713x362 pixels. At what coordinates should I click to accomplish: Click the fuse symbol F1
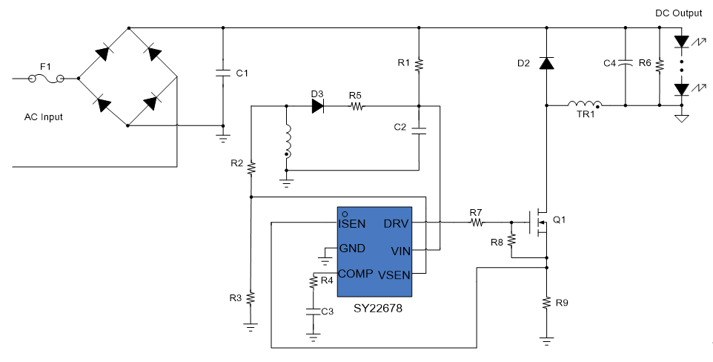pyautogui.click(x=45, y=79)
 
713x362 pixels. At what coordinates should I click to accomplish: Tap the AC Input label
pyautogui.click(x=44, y=117)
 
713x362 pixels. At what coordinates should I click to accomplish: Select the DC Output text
pyautogui.click(x=678, y=13)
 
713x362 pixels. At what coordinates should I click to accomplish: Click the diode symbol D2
pyautogui.click(x=546, y=63)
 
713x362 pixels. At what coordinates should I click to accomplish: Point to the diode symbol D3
pyautogui.click(x=318, y=107)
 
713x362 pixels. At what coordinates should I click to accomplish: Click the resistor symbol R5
pyautogui.click(x=356, y=107)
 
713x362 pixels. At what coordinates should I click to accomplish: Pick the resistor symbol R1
pyautogui.click(x=419, y=65)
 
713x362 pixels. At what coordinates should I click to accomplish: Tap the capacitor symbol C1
pyautogui.click(x=223, y=73)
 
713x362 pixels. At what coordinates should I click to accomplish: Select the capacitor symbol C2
pyautogui.click(x=419, y=131)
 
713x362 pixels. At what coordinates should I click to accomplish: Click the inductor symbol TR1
pyautogui.click(x=585, y=105)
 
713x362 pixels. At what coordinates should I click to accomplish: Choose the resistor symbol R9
pyautogui.click(x=546, y=303)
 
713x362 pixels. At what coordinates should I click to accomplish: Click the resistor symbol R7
pyautogui.click(x=477, y=223)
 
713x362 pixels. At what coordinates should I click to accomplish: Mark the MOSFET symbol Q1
pyautogui.click(x=539, y=223)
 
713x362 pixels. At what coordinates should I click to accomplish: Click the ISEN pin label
pyautogui.click(x=351, y=223)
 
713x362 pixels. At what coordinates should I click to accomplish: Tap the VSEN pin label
pyautogui.click(x=394, y=275)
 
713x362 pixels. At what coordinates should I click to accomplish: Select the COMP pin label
pyautogui.click(x=356, y=274)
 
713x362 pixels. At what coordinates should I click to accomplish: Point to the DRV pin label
pyautogui.click(x=396, y=223)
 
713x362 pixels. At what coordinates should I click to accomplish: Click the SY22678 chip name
pyautogui.click(x=378, y=309)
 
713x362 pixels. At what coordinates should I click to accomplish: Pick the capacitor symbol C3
pyautogui.click(x=313, y=312)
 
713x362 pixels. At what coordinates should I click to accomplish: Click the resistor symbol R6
pyautogui.click(x=660, y=65)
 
